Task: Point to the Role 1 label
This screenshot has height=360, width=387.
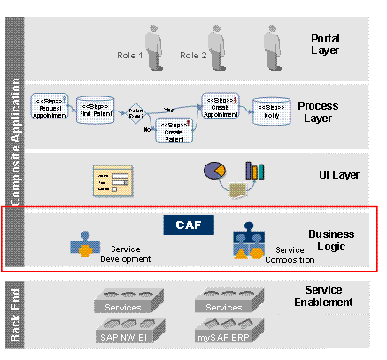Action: [128, 56]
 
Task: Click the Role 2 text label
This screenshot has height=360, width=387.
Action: [193, 56]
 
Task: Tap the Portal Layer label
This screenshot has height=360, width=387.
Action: [324, 45]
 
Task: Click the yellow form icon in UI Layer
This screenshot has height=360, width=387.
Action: [112, 180]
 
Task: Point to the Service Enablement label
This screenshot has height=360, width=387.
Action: [328, 296]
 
